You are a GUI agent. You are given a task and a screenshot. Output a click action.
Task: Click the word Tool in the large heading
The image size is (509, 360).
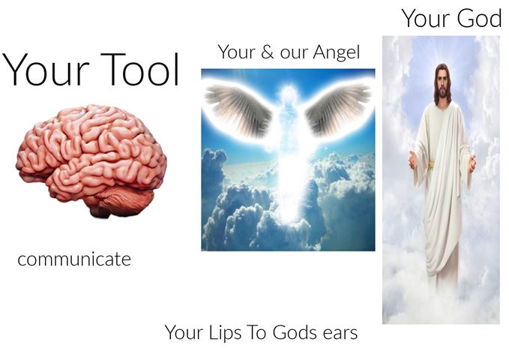pos(139,69)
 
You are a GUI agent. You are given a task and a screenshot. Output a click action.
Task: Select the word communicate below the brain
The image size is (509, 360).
pos(74,259)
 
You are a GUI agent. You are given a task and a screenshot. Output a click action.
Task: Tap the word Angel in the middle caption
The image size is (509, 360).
pos(337,52)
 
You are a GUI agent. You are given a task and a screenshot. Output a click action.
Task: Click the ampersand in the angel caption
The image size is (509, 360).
pos(267,52)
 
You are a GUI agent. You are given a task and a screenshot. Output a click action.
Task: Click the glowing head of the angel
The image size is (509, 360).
pos(289,92)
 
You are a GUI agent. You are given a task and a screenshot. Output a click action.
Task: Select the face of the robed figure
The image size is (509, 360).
pos(442,84)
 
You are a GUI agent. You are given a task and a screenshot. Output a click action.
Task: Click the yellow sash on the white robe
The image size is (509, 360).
pos(432,165)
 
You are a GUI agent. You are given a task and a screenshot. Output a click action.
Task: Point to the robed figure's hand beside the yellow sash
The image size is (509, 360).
pos(412,160)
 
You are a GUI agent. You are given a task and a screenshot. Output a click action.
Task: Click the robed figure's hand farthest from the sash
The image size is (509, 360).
pos(472,163)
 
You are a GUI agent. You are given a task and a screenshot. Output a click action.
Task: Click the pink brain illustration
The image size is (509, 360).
pos(91,159)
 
